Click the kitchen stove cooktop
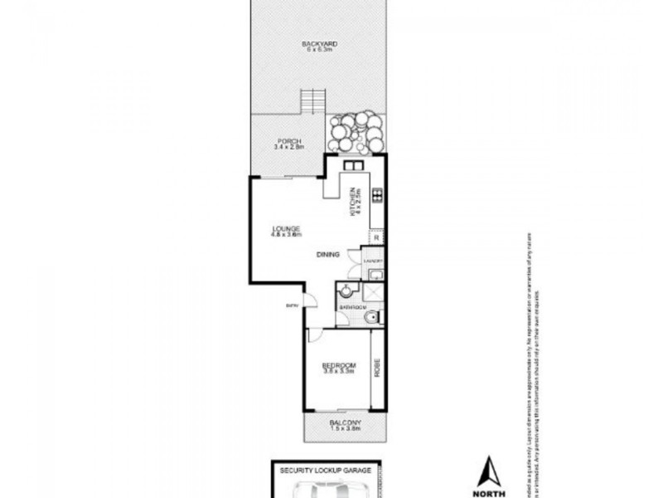tap(376, 197)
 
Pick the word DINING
tap(327, 256)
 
